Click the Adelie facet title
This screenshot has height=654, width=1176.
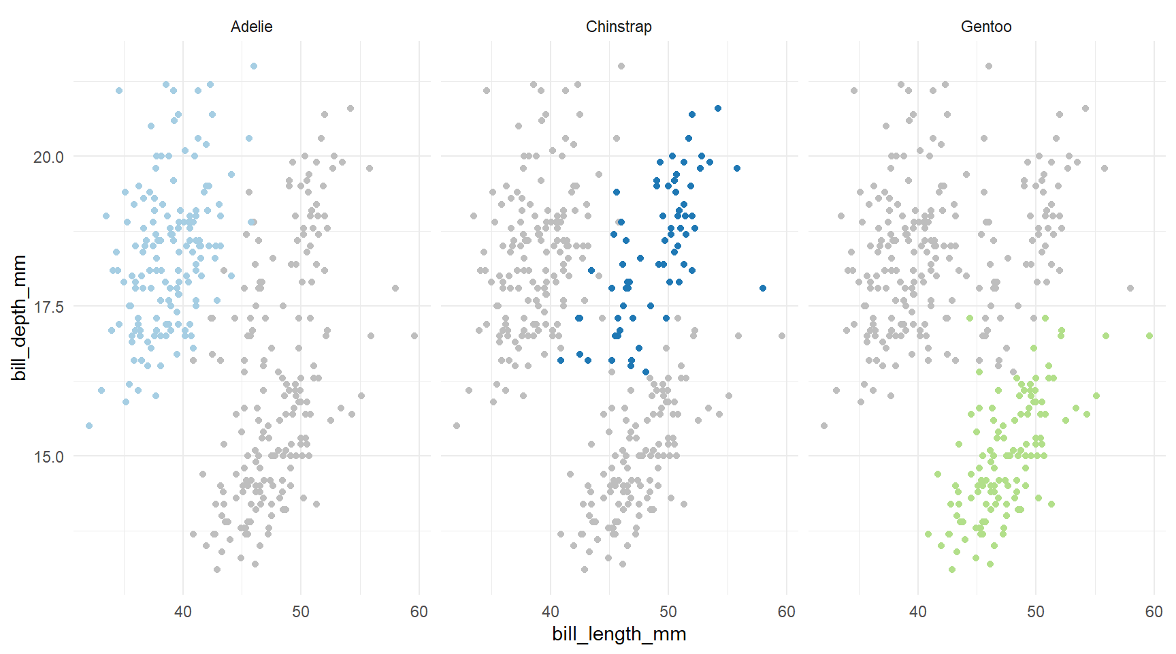tap(251, 27)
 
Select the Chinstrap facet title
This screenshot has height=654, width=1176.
tap(619, 27)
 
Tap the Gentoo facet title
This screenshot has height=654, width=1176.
tap(986, 27)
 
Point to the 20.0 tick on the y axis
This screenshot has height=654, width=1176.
tap(48, 157)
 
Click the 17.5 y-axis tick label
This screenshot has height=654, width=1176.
tap(48, 307)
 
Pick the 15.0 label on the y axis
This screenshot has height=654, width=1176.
tap(48, 456)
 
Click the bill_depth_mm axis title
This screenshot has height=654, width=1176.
tap(19, 317)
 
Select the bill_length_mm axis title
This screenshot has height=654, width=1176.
tap(619, 634)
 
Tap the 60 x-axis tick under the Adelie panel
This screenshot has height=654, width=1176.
tap(419, 612)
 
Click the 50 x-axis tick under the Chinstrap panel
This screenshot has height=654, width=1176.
tap(668, 612)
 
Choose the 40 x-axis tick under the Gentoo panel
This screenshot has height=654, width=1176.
tap(918, 612)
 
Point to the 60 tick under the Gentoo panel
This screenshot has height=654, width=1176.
tap(1154, 612)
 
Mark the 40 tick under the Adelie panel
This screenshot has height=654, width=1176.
tap(183, 612)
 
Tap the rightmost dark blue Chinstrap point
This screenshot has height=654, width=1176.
tap(763, 288)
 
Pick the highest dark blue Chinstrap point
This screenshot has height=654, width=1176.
tap(718, 108)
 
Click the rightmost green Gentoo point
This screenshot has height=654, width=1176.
tap(1149, 336)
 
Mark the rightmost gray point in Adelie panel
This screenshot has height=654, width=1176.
tap(414, 336)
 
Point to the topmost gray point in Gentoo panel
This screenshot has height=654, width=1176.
tap(989, 66)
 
